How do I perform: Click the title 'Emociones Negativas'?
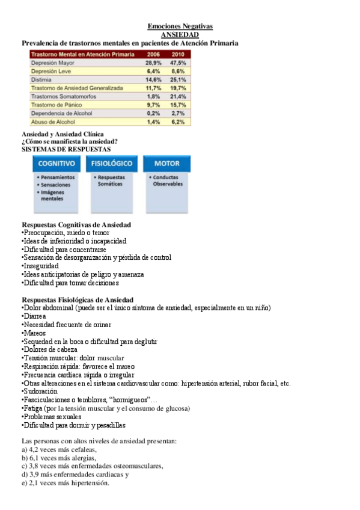[180, 26]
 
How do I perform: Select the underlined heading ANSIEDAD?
[180, 35]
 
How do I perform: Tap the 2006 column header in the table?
[153, 54]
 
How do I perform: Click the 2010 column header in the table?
[177, 54]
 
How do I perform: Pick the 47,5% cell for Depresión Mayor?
[177, 62]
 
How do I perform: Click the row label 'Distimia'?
[41, 79]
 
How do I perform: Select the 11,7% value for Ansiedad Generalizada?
[153, 87]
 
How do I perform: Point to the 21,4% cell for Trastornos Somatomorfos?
[177, 96]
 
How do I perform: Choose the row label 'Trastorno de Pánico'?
[59, 104]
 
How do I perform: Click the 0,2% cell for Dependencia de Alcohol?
[153, 112]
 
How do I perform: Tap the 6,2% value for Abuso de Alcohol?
[177, 121]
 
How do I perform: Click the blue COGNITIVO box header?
[56, 163]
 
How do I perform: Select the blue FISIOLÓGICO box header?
[112, 163]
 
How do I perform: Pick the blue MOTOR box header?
[166, 163]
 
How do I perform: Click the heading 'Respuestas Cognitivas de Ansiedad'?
[76, 224]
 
